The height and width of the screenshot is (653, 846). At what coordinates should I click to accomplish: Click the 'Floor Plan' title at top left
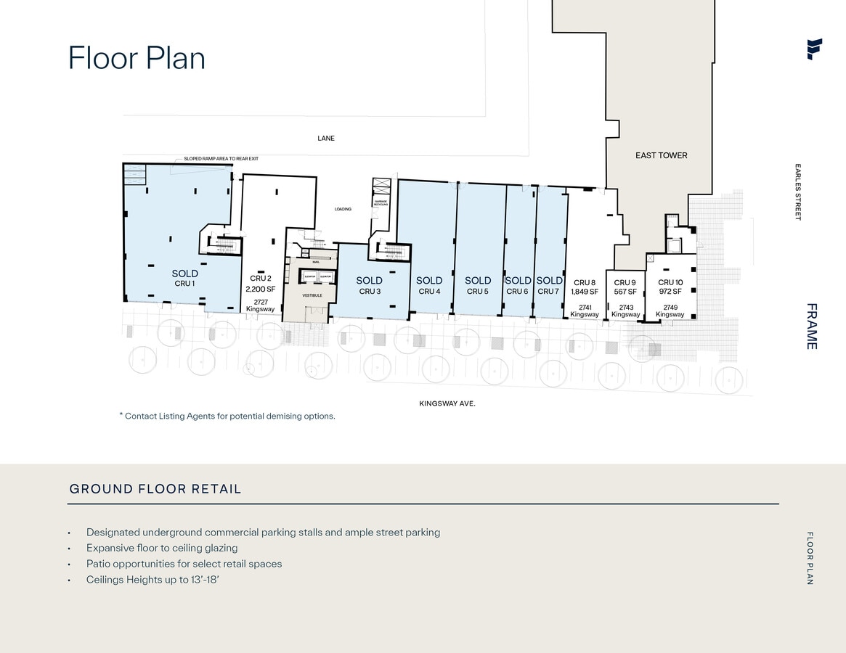(137, 58)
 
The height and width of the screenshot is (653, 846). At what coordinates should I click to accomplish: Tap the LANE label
(326, 138)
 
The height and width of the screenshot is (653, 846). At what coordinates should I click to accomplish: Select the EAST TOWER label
(661, 155)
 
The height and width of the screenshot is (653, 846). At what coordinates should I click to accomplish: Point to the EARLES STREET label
(797, 192)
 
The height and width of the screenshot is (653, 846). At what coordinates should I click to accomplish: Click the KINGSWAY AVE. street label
(447, 403)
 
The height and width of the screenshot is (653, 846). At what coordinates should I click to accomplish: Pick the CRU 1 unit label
(184, 284)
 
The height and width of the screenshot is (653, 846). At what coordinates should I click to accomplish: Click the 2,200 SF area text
(260, 289)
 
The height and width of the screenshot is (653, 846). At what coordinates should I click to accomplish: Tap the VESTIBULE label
(312, 295)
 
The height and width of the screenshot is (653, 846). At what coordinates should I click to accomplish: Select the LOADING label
(343, 209)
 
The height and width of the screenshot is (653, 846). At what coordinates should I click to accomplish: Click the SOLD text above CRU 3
(369, 281)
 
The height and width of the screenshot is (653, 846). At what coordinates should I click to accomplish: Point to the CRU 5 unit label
(477, 292)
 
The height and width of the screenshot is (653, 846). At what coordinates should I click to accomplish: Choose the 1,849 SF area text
(585, 292)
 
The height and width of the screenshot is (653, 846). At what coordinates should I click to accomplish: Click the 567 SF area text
(625, 292)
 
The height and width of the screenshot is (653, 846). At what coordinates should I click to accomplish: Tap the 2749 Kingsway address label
(670, 311)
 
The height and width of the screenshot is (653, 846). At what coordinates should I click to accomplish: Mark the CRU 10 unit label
(670, 282)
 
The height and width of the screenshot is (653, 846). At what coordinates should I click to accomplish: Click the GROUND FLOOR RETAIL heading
(155, 489)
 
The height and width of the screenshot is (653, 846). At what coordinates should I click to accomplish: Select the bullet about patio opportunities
(184, 564)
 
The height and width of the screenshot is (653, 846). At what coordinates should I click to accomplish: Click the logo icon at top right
(815, 49)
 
